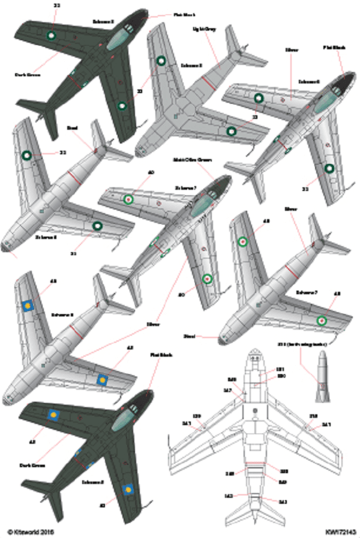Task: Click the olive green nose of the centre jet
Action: coord(222,182)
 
